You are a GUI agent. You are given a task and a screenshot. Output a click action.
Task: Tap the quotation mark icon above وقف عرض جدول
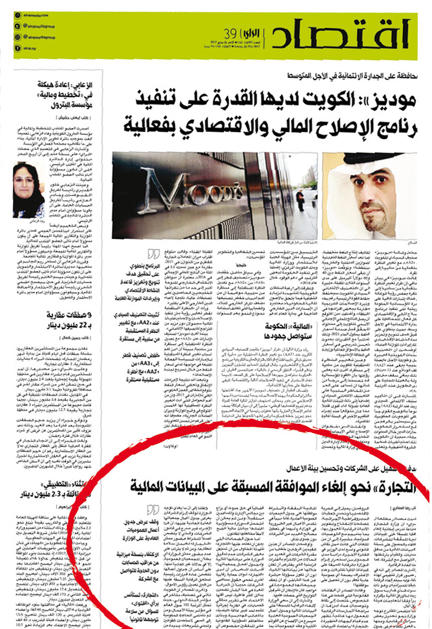pos(153,510)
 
